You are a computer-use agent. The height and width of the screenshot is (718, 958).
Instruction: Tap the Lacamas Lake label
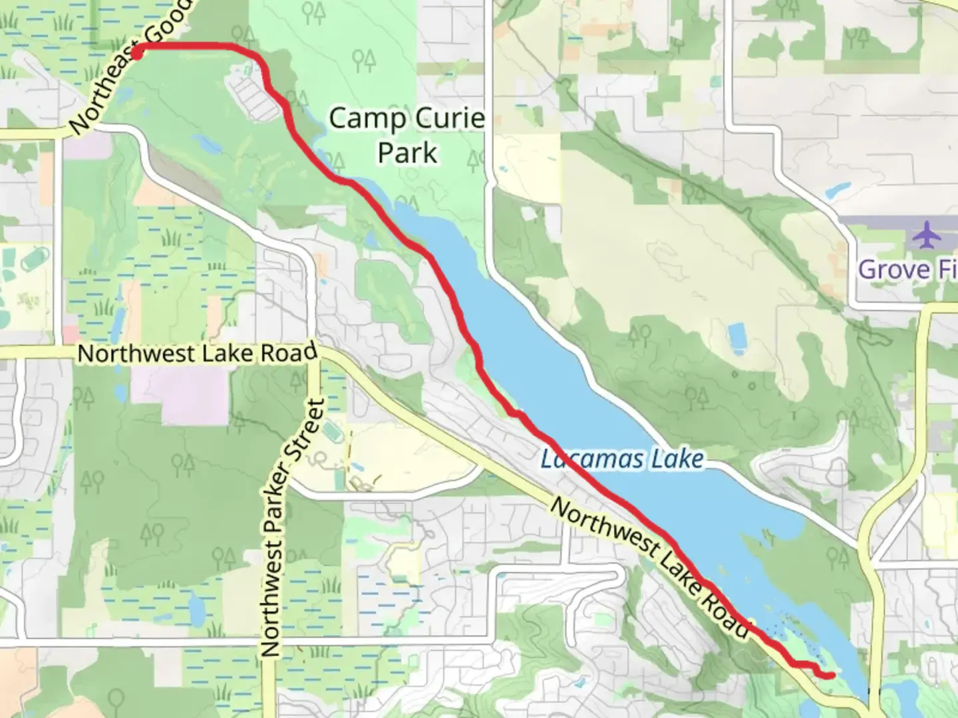[x=621, y=459]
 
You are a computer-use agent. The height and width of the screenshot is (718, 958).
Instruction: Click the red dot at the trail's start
[x=137, y=53]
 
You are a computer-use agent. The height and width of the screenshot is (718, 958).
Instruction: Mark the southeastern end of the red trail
[x=832, y=675]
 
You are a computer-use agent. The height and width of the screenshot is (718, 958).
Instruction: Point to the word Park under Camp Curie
[x=407, y=152]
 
